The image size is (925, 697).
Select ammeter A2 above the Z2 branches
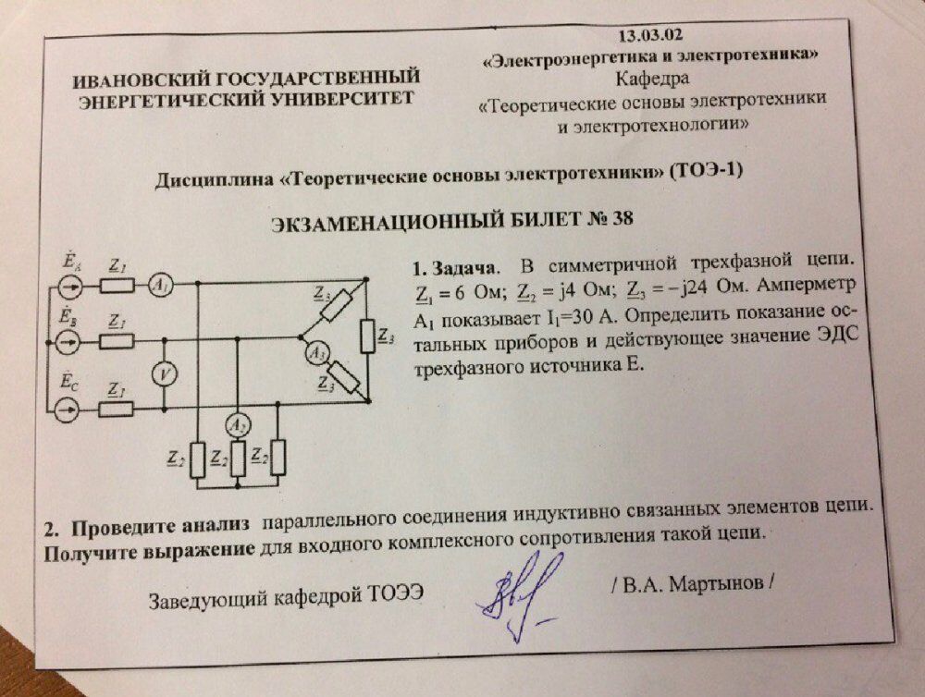pos(238,425)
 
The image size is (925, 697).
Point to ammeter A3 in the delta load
pos(315,351)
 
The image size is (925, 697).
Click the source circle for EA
pos(68,286)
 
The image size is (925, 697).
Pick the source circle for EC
pos(67,408)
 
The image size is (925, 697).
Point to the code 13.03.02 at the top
pos(647,36)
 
